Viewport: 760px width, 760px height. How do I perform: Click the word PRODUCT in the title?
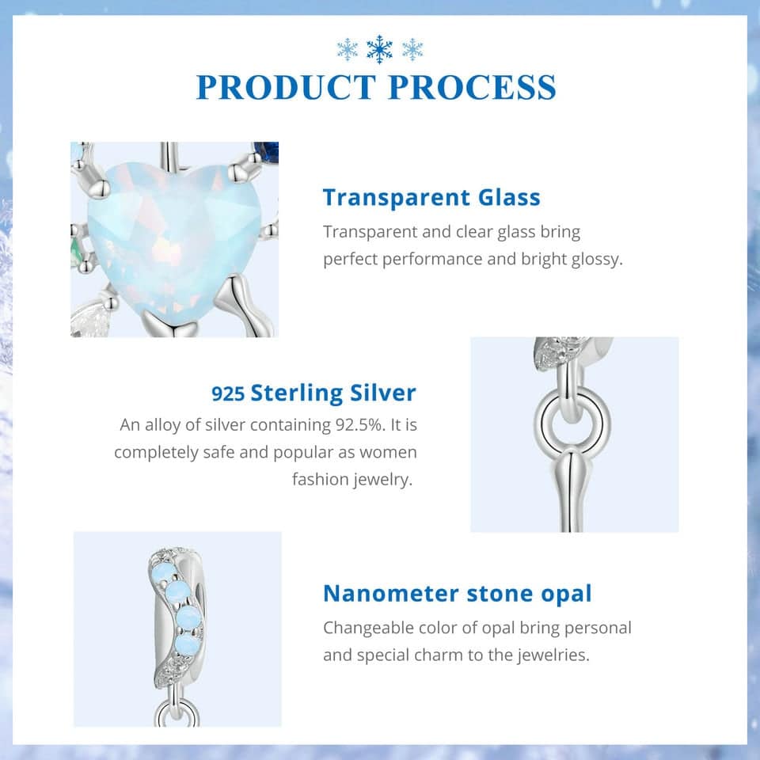(286, 87)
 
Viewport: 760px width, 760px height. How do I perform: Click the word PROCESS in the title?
(472, 87)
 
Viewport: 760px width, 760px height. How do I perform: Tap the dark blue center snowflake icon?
(379, 49)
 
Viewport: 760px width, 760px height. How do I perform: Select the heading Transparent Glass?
(431, 197)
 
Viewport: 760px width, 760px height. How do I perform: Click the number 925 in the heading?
(228, 393)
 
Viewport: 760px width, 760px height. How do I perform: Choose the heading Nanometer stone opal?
(457, 594)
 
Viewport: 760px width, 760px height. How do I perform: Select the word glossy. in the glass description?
(597, 260)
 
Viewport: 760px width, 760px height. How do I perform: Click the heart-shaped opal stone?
(174, 242)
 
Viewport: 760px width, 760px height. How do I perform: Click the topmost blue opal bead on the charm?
(159, 567)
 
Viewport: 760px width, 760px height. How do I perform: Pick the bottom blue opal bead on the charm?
(185, 646)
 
